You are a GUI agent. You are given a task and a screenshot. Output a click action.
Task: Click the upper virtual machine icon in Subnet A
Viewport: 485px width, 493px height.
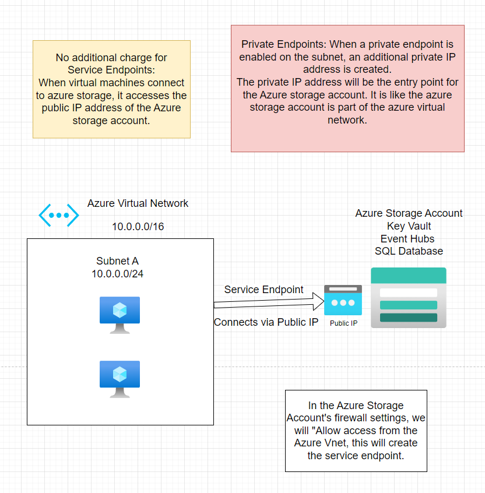coord(120,315)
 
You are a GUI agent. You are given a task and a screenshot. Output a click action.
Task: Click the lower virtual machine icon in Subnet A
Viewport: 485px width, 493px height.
coord(120,379)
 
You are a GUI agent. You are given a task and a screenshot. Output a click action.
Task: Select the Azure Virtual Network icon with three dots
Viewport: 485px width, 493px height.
coord(59,215)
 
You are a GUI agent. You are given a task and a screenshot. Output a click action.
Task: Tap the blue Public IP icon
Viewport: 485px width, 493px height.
coord(343,300)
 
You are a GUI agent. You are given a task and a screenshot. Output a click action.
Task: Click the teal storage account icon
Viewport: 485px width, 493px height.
coord(409,297)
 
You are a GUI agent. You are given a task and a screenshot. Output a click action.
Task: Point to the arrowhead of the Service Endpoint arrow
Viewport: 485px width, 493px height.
coord(319,302)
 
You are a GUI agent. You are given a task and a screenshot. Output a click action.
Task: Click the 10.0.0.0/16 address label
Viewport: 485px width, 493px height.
coord(138,227)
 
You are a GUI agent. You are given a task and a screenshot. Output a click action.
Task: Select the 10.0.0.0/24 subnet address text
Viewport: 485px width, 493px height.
coord(117,274)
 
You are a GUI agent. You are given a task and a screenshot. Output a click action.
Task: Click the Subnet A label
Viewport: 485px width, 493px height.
coord(117,262)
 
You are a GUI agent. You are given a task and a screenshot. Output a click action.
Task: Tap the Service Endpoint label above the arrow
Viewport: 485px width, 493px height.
coord(263,290)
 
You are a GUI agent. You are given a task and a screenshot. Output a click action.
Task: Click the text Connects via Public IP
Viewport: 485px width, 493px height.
coord(266,322)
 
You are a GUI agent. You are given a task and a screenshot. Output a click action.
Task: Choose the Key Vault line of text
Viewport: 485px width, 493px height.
coord(409,226)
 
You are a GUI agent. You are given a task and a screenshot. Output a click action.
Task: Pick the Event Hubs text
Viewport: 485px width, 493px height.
coord(407,239)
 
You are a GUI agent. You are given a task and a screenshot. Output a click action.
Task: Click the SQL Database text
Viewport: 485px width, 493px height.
coord(409,251)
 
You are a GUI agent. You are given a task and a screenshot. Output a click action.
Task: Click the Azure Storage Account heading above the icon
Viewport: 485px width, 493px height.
coord(409,213)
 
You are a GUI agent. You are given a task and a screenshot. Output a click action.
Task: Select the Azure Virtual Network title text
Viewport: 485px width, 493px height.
coord(138,203)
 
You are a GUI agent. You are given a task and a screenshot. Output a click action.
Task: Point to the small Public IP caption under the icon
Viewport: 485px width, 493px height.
coord(343,323)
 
